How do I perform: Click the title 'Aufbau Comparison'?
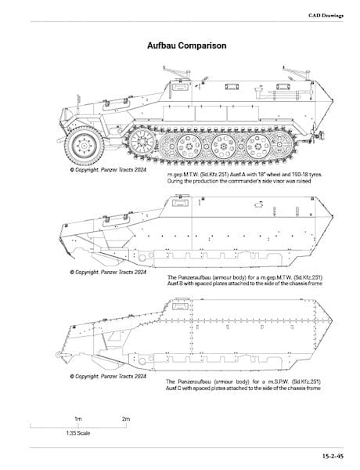186,46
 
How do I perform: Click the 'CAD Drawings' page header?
326,16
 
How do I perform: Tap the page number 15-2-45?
333,456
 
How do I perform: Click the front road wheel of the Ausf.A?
85,146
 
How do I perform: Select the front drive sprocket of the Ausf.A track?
142,141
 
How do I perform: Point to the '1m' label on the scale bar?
78,419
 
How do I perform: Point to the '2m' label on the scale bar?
126,419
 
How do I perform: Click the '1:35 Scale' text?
78,433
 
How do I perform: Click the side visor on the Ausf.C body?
180,306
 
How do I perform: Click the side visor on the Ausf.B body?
180,203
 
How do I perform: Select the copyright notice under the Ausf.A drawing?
108,170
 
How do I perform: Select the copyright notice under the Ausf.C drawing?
108,376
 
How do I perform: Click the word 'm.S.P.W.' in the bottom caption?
279,382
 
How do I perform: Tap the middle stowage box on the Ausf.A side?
211,114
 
